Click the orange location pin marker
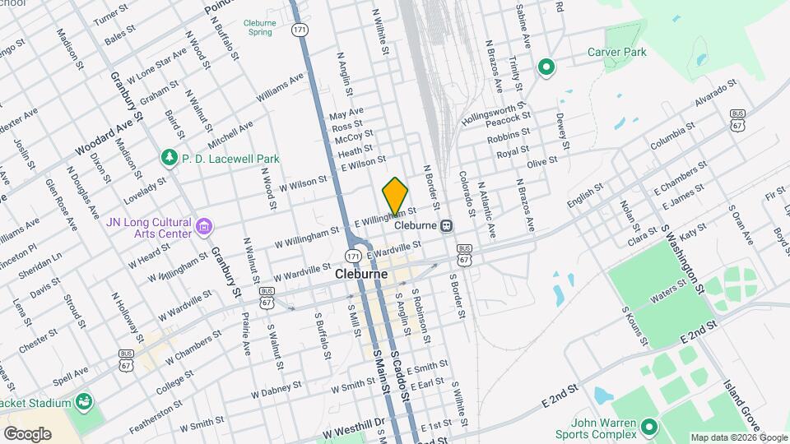[x=396, y=197]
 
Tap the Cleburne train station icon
[x=446, y=225]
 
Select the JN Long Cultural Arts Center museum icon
[x=205, y=224]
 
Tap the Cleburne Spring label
[x=258, y=27]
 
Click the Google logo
[x=27, y=433]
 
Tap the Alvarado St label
[x=715, y=95]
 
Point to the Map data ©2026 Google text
[x=737, y=437]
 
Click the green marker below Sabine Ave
[x=544, y=67]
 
